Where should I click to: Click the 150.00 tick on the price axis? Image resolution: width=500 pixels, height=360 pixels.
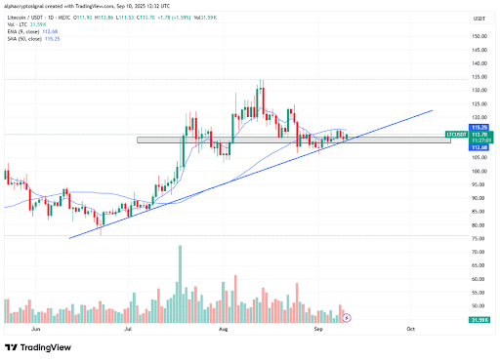[479, 36]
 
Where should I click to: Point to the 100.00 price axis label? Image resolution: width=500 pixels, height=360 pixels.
[479, 171]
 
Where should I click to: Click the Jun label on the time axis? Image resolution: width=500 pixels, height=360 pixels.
[37, 331]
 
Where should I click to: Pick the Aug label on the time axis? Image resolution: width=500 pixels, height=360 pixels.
[224, 331]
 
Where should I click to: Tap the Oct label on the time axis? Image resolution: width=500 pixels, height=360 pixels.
[410, 331]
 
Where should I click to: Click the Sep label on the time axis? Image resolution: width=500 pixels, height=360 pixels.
[317, 331]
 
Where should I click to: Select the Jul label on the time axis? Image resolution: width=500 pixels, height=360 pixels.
[128, 331]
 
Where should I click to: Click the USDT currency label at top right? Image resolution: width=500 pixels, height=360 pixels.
[479, 19]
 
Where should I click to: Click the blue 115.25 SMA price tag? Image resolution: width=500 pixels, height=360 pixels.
[479, 127]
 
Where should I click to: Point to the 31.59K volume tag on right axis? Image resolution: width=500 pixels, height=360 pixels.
[479, 319]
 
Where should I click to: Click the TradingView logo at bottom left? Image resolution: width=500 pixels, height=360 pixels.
[39, 347]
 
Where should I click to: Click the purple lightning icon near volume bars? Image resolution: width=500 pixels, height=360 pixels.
[345, 318]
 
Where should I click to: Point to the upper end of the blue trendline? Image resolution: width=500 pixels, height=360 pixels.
[432, 110]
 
